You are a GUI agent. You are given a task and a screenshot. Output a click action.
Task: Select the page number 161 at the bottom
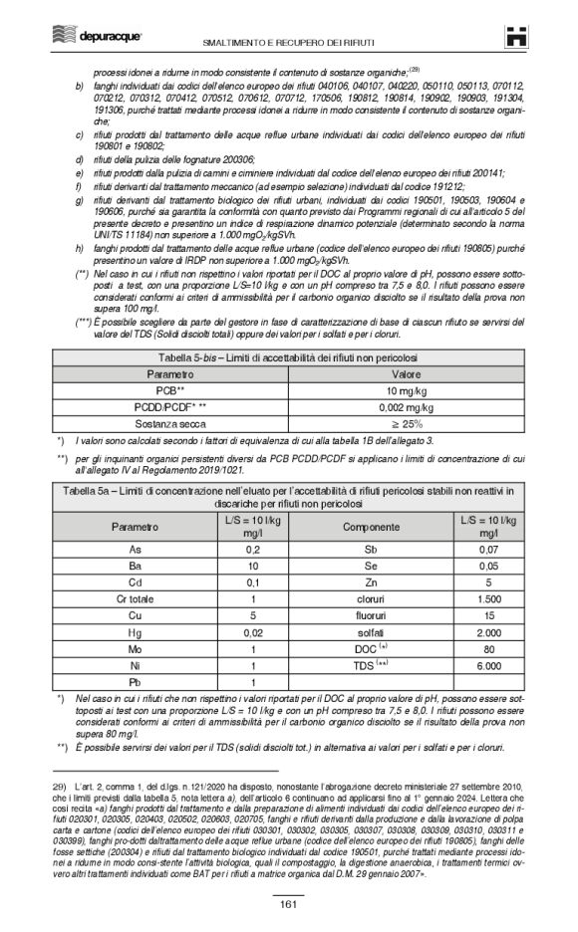[288, 903]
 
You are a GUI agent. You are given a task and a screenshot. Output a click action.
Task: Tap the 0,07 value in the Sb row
[488, 549]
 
